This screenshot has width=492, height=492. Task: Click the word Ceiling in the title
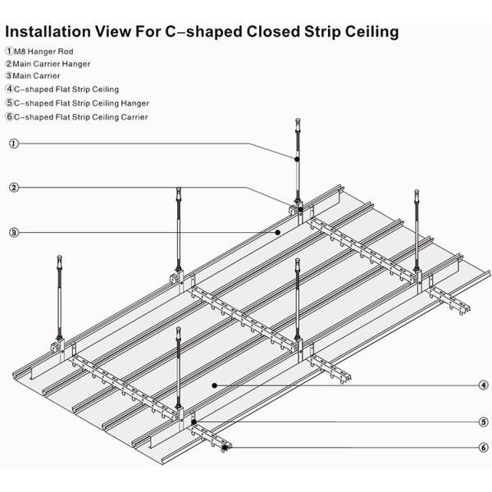point(370,32)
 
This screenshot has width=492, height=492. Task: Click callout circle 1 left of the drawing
point(14,144)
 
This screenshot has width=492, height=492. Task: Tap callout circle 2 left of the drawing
point(14,188)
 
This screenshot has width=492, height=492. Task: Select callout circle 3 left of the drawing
point(14,233)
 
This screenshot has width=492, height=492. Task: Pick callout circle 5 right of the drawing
point(484,422)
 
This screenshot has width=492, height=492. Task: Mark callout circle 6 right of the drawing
point(484,448)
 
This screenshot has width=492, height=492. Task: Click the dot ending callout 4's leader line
point(214,384)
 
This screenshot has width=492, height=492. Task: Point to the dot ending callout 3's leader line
point(277,233)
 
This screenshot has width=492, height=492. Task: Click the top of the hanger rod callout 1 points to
point(296,121)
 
